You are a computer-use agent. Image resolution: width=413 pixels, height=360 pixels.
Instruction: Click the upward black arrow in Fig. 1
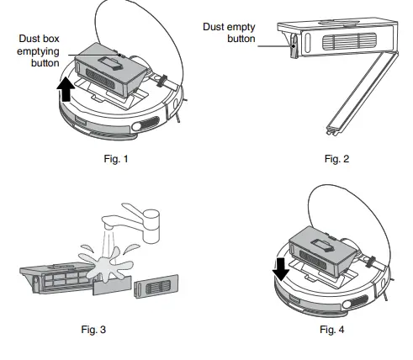pos(65,87)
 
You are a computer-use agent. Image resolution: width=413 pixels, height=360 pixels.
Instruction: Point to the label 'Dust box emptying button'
pos(38,50)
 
